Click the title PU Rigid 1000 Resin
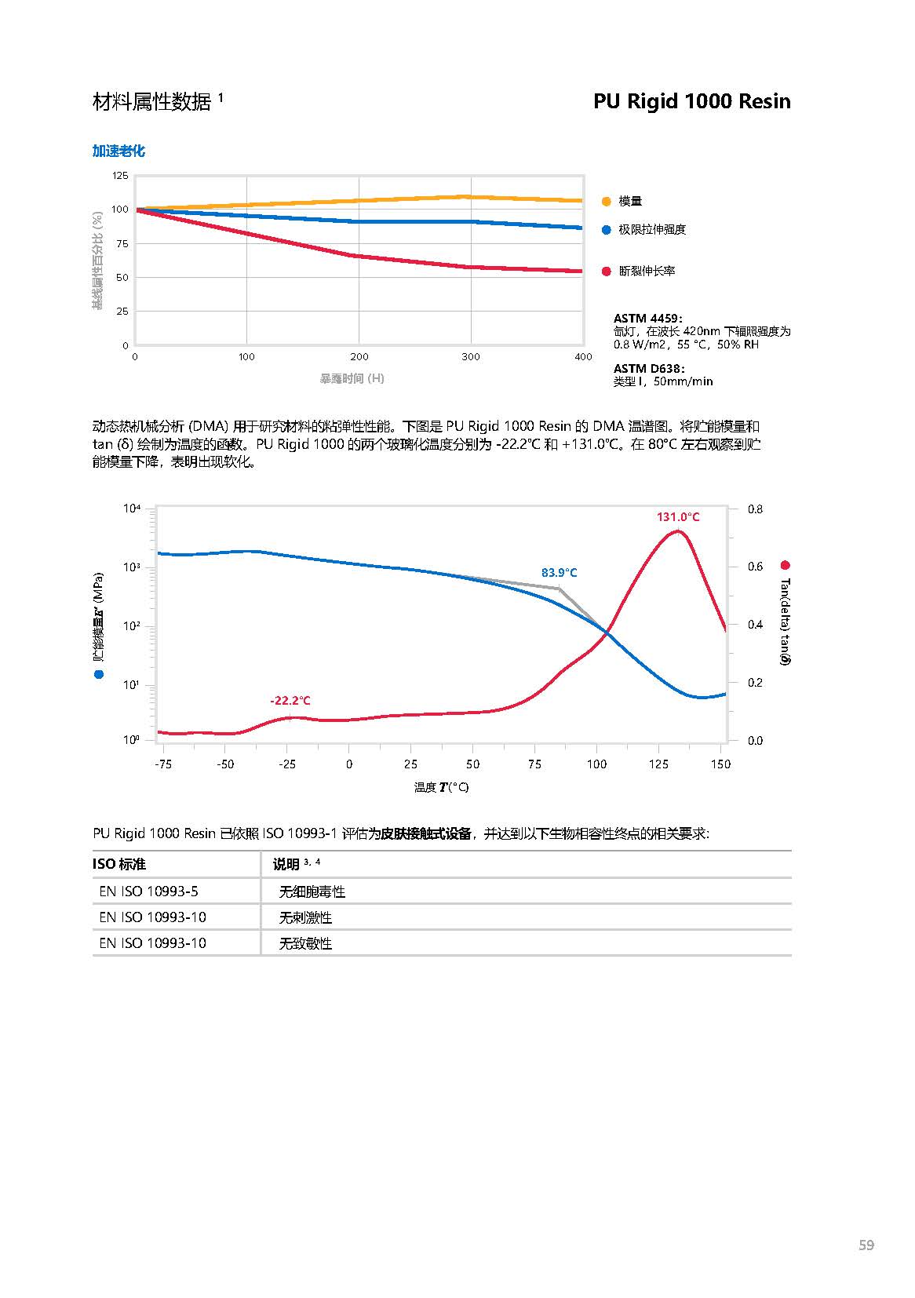tap(691, 101)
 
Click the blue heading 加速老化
tap(118, 151)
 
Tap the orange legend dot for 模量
tap(606, 201)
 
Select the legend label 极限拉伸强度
tap(651, 229)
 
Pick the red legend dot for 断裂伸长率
tap(606, 272)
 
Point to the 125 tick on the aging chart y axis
tap(119, 176)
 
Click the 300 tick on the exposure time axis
tap(471, 357)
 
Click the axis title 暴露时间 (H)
tap(352, 378)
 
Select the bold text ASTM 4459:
tap(647, 318)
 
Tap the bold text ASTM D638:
tap(648, 368)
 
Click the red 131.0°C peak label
tap(678, 517)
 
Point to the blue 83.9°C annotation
tap(559, 573)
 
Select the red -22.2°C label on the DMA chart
tap(290, 701)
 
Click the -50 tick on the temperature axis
tap(225, 764)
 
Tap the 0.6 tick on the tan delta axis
tap(755, 567)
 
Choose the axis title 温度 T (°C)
tap(441, 787)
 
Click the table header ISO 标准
tap(119, 864)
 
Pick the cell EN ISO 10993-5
tap(148, 891)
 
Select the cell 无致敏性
tap(305, 943)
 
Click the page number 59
tap(866, 1245)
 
